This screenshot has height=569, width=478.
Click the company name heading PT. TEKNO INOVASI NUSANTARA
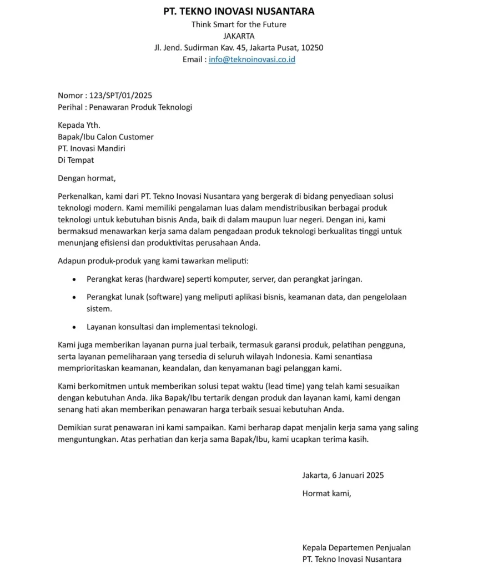pyautogui.click(x=239, y=11)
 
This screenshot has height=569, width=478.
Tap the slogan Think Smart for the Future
pyautogui.click(x=239, y=24)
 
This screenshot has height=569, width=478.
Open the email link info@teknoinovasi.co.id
pyautogui.click(x=252, y=59)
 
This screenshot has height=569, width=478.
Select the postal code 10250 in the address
pyautogui.click(x=312, y=48)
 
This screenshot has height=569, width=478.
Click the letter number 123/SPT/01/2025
pyautogui.click(x=120, y=96)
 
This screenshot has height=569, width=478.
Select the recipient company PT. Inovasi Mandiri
pyautogui.click(x=92, y=148)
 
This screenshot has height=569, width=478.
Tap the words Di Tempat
pyautogui.click(x=76, y=160)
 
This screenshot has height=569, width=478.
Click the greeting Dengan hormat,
pyautogui.click(x=87, y=178)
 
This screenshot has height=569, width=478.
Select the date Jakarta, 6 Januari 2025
pyautogui.click(x=343, y=475)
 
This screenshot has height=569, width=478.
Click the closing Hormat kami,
pyautogui.click(x=327, y=493)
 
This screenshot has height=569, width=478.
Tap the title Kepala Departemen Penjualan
pyautogui.click(x=356, y=547)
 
